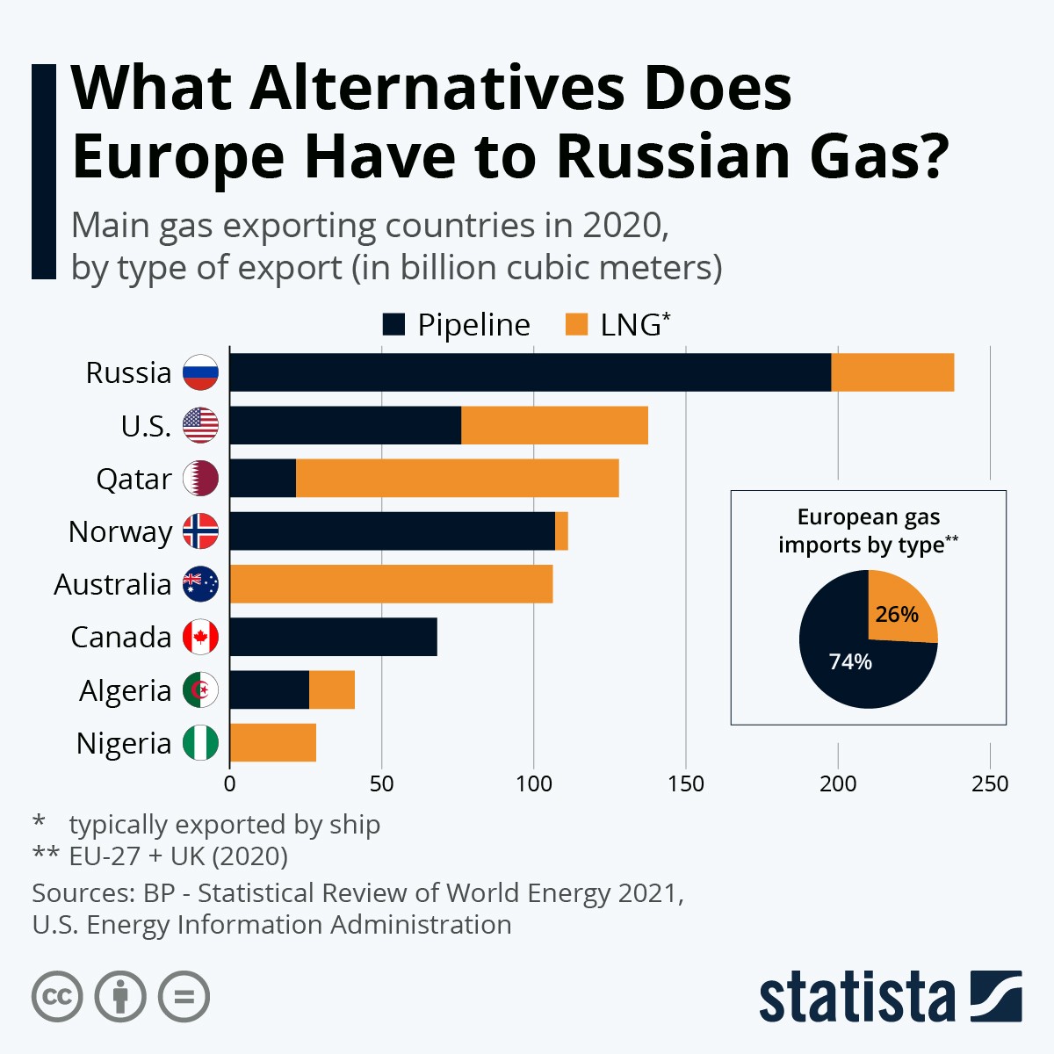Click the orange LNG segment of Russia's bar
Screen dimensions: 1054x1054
pyautogui.click(x=892, y=372)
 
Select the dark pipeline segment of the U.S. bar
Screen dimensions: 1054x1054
pyautogui.click(x=345, y=425)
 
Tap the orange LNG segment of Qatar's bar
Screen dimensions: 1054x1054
pyautogui.click(x=457, y=478)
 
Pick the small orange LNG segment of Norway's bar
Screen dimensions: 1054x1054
pyautogui.click(x=561, y=531)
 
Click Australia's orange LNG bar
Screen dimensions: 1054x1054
pyautogui.click(x=391, y=584)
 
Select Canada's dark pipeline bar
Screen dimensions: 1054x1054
pyautogui.click(x=333, y=637)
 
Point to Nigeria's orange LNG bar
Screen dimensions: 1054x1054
pyautogui.click(x=272, y=743)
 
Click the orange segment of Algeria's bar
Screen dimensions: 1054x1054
pyautogui.click(x=332, y=690)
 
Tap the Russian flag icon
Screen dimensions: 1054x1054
pyautogui.click(x=200, y=372)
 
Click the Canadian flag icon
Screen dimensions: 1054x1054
pyautogui.click(x=200, y=637)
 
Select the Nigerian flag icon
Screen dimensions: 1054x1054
pyautogui.click(x=200, y=743)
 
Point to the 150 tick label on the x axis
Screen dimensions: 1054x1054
pyautogui.click(x=685, y=783)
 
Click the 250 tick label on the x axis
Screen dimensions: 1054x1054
pyautogui.click(x=990, y=783)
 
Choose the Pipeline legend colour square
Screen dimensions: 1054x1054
pyautogui.click(x=393, y=325)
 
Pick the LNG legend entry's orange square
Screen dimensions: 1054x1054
pyautogui.click(x=576, y=325)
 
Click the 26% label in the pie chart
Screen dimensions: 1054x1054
pyautogui.click(x=897, y=614)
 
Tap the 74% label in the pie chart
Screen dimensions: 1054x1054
pyautogui.click(x=850, y=661)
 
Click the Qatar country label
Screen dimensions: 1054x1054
pyautogui.click(x=134, y=479)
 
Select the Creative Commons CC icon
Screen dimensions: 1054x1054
pyautogui.click(x=57, y=997)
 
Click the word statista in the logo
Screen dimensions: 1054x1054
pyautogui.click(x=856, y=998)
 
